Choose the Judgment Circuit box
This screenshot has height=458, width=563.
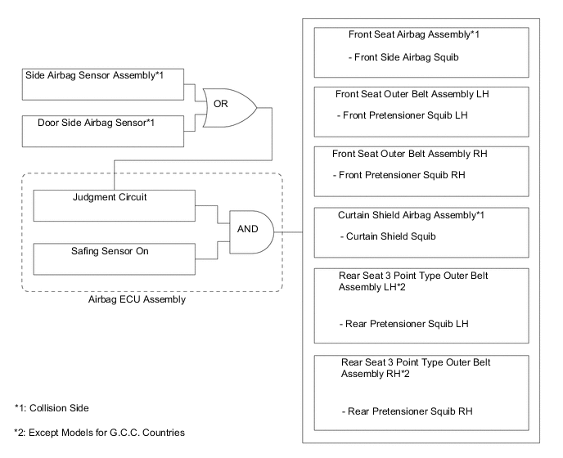(114, 208)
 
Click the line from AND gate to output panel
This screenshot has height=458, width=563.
(291, 231)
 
